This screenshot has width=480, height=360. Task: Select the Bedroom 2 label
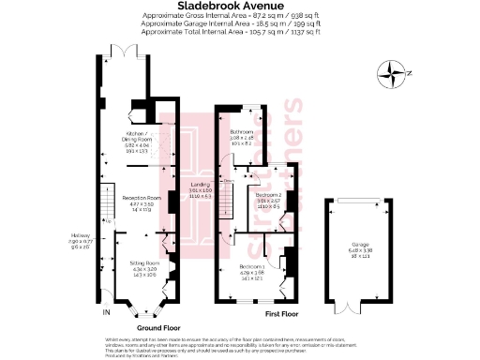tap(270, 196)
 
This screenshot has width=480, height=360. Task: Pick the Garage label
tap(360, 246)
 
